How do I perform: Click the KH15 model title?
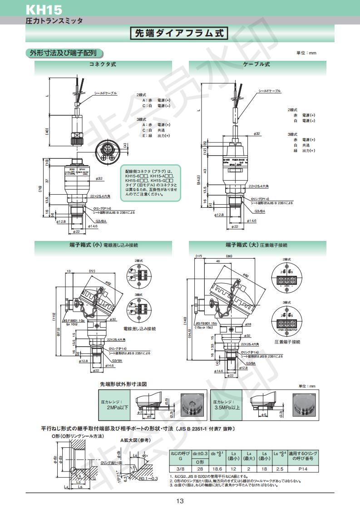44,9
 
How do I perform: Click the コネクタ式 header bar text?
103,64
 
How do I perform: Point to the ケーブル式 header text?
256,64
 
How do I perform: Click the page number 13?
180,501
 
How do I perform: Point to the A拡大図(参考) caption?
135,440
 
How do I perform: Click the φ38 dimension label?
248,324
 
